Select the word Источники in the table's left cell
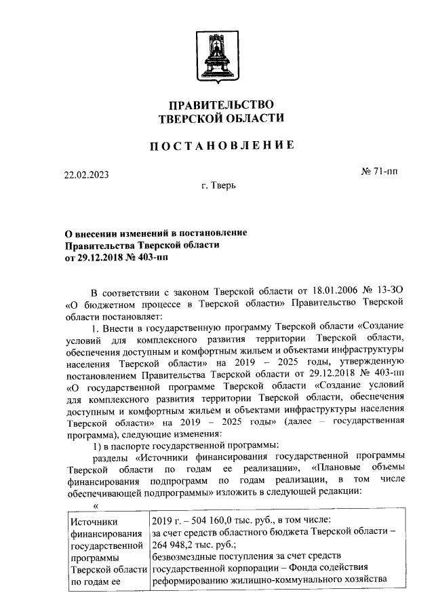click(94, 521)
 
